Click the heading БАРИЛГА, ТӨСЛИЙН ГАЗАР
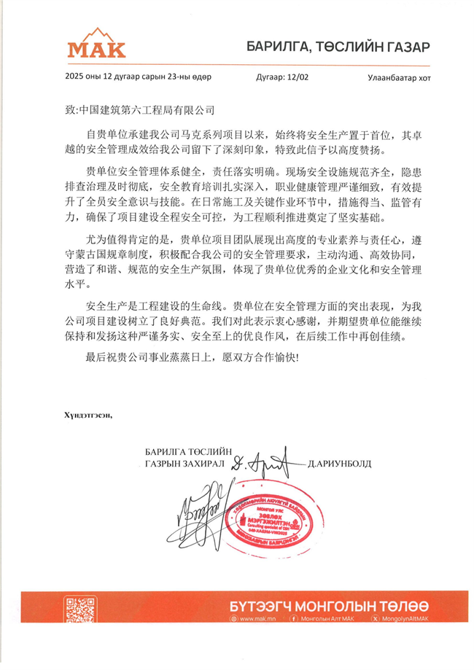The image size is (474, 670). point(338,48)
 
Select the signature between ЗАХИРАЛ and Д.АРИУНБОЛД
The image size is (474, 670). point(264,461)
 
